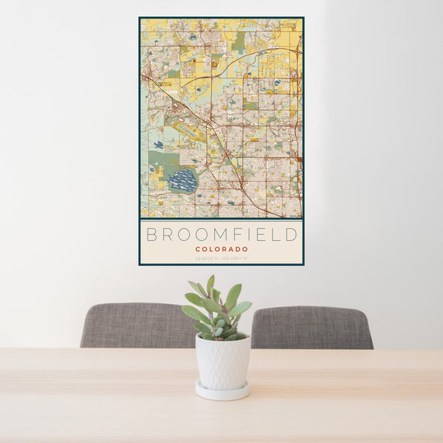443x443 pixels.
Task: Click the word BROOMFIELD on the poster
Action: (221, 235)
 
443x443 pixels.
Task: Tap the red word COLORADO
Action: (221, 250)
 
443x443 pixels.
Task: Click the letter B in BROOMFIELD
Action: (152, 235)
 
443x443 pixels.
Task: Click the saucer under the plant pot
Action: (222, 391)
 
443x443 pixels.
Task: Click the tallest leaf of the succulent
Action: (210, 284)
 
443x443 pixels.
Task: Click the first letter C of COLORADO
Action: (198, 250)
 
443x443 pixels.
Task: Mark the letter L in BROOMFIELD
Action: (275, 235)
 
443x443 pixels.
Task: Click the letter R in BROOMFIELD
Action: (166, 235)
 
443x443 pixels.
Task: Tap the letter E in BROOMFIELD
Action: (261, 235)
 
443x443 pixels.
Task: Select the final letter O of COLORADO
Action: (245, 250)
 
